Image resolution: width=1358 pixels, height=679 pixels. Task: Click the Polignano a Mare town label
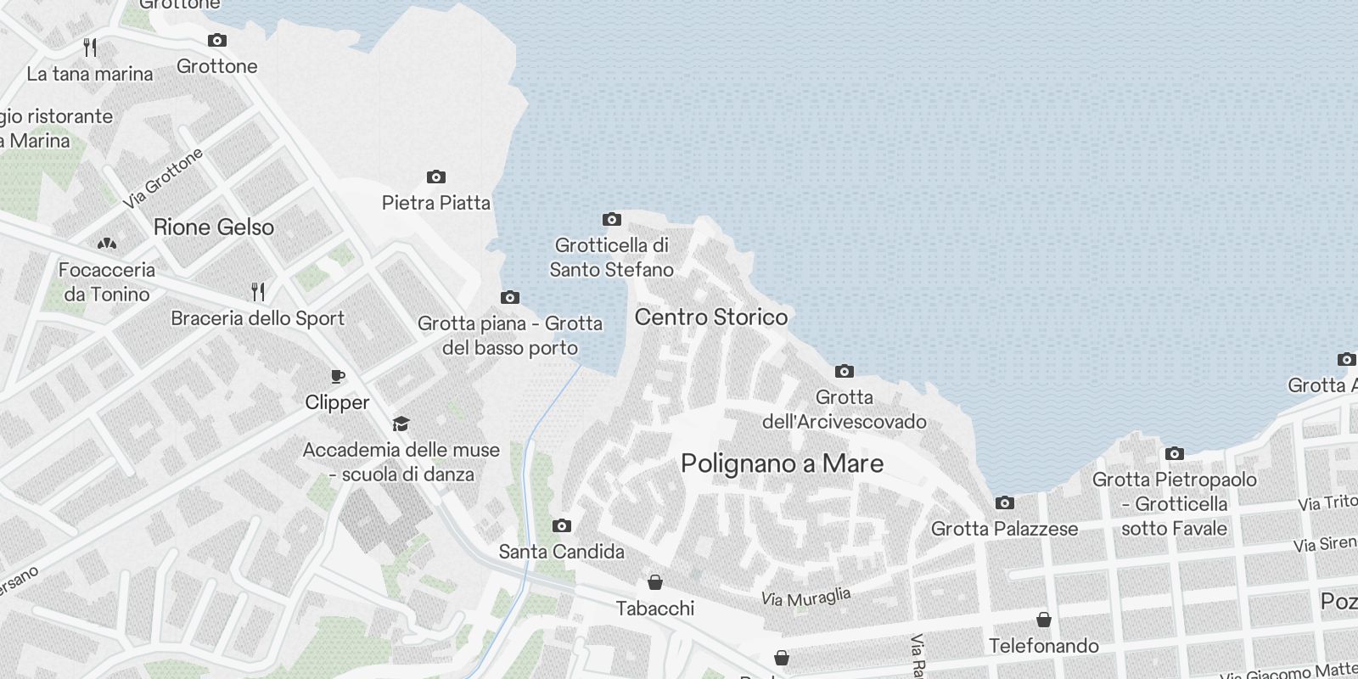[x=782, y=463]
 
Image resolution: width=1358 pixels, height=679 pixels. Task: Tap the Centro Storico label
[x=711, y=317]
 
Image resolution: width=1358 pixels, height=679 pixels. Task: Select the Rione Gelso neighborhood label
[x=214, y=227]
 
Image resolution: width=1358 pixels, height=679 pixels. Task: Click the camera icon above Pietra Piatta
[x=435, y=177]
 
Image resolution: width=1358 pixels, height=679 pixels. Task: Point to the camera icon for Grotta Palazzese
[x=1004, y=503]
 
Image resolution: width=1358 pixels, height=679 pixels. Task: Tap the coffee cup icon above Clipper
[x=337, y=377]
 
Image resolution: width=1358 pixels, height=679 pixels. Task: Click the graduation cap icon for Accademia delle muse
[x=401, y=424]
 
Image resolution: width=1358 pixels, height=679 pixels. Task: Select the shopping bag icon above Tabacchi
[x=654, y=582]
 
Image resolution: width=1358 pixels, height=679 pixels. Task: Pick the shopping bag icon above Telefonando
[x=1044, y=620]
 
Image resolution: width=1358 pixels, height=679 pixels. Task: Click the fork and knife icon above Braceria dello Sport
[x=258, y=293]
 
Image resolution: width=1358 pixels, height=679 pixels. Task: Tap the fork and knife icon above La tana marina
[x=90, y=48]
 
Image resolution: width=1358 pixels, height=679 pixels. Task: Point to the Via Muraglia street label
[x=805, y=598]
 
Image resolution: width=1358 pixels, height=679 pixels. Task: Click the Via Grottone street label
[x=163, y=178]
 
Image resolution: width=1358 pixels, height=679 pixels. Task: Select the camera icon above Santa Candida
[x=561, y=526]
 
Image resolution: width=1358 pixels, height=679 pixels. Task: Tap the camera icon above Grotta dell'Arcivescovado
[x=844, y=372]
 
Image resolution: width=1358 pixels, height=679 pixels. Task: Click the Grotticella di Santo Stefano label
[x=611, y=257]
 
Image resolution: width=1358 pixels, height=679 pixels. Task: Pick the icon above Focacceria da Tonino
[x=107, y=244]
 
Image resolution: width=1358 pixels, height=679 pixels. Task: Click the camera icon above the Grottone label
[x=217, y=41]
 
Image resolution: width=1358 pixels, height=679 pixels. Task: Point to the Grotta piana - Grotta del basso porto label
[x=510, y=335]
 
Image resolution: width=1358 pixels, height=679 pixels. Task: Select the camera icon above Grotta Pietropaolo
[x=1174, y=454]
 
